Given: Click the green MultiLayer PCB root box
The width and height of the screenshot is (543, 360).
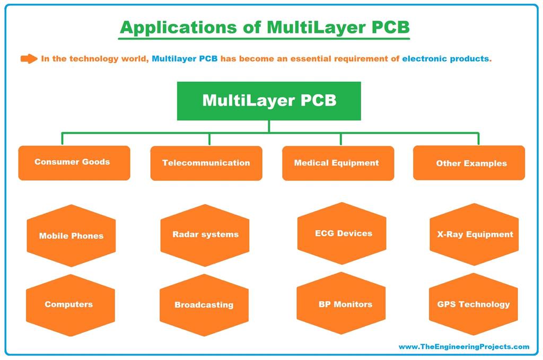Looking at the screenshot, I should click(x=269, y=101).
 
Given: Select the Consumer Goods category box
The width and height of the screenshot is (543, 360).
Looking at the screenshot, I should click(x=74, y=163).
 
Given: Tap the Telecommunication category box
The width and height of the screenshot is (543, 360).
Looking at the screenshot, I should click(x=206, y=163).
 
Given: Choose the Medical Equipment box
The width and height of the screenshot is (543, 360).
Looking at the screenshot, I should click(x=337, y=163).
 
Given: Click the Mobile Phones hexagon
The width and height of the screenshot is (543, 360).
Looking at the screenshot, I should click(x=71, y=235).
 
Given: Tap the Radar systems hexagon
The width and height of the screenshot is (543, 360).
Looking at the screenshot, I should click(x=205, y=234).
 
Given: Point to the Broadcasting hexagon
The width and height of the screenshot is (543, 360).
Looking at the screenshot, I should click(x=204, y=305).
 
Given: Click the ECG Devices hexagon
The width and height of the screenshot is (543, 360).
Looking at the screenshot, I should click(x=342, y=233).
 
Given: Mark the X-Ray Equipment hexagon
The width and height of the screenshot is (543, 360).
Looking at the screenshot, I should click(x=474, y=234).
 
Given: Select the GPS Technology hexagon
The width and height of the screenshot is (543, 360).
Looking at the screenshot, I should click(x=473, y=304).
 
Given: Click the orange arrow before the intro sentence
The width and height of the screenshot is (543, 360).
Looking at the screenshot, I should click(x=29, y=59).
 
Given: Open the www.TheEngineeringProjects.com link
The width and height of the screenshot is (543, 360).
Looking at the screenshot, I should click(x=463, y=347).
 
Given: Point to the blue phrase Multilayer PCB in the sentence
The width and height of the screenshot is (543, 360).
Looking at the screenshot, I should click(x=185, y=59).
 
